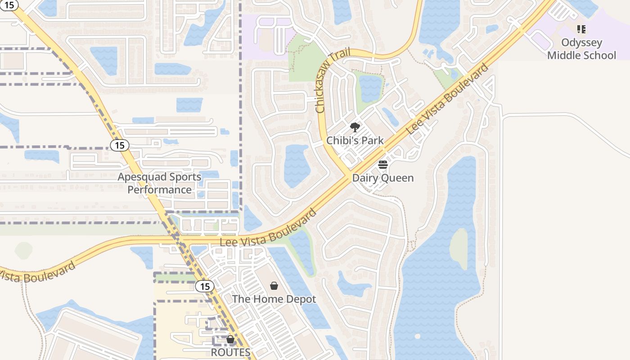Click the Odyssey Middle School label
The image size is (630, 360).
(581, 49)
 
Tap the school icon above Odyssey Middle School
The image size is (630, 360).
(581, 30)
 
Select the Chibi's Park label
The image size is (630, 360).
(355, 140)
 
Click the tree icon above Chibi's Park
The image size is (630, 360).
(355, 127)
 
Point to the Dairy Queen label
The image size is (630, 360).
(382, 178)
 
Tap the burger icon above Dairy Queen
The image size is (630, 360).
(383, 165)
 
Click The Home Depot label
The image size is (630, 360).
(274, 299)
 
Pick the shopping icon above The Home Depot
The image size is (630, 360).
(274, 286)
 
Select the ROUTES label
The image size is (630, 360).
(230, 352)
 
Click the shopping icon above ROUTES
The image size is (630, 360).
(230, 339)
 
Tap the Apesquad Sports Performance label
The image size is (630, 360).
(159, 183)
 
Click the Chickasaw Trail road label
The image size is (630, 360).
(333, 82)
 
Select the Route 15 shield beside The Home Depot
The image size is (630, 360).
(205, 286)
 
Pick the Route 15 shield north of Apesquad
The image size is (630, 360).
(119, 145)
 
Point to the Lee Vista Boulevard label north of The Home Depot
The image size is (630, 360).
(269, 229)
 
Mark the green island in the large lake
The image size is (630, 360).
(459, 249)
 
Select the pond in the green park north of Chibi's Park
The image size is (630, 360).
(370, 88)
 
